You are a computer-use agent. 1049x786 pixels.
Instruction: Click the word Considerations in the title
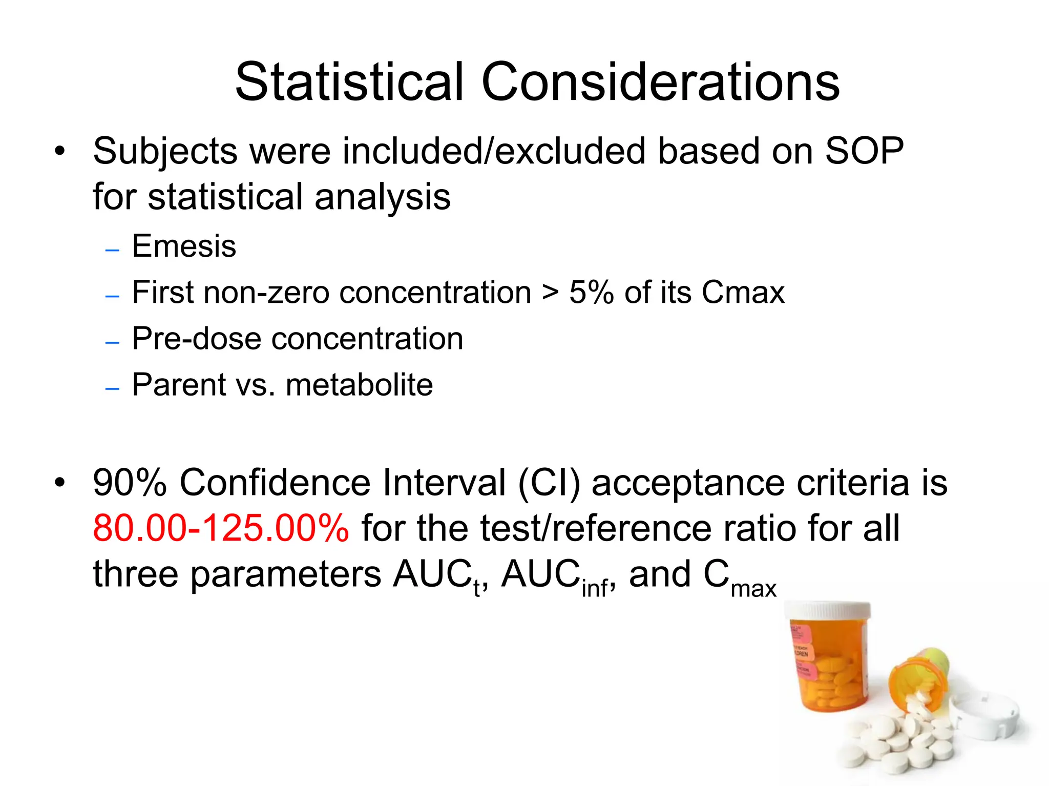click(660, 82)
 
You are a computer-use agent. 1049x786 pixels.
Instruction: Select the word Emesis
click(184, 246)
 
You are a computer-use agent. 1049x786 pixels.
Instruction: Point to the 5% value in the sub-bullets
click(591, 293)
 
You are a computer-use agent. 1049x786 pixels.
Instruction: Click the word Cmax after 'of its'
click(743, 293)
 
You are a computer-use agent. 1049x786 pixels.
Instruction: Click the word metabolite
click(359, 385)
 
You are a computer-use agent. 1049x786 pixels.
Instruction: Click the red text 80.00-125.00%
click(221, 528)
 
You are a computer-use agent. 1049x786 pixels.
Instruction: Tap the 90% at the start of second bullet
click(130, 483)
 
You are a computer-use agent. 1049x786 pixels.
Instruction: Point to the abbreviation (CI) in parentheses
click(549, 483)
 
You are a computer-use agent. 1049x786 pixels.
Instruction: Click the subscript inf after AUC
click(595, 588)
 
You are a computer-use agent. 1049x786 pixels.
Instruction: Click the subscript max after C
click(753, 588)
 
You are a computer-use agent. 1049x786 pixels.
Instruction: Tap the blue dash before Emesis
click(112, 251)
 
